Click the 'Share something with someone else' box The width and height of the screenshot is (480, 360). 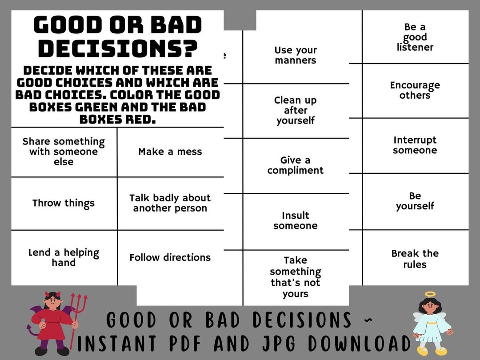click(64, 152)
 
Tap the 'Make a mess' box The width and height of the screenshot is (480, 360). click(170, 152)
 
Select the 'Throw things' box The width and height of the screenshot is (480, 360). click(64, 204)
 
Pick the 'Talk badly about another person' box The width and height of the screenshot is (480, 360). click(170, 203)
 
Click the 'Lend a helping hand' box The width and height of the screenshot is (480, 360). click(64, 258)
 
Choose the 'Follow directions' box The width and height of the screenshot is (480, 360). click(170, 258)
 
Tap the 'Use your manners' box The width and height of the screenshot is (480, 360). click(296, 56)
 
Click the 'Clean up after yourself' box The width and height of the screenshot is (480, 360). click(296, 111)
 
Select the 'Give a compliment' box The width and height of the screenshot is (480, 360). click(296, 165)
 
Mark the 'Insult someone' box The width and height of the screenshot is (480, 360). click(296, 221)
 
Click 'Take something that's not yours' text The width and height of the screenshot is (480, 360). click(296, 277)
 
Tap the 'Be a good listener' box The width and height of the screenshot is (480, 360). click(415, 37)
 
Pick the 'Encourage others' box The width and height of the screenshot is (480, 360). click(415, 90)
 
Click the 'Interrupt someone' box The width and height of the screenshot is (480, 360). click(415, 145)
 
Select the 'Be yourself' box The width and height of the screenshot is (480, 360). click(415, 201)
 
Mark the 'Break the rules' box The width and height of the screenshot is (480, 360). click(415, 259)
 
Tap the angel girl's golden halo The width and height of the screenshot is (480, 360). click(431, 294)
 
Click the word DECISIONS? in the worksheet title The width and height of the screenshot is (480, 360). click(118, 49)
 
